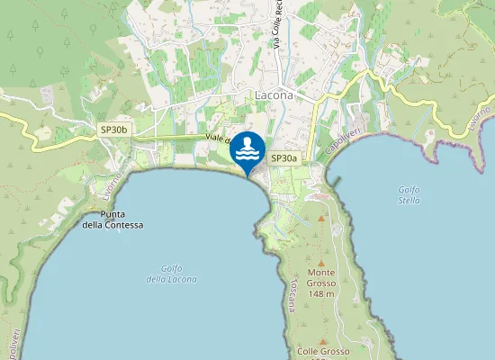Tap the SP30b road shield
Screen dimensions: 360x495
(x=115, y=130)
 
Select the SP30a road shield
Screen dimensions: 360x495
(x=283, y=157)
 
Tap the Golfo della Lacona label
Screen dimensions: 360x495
(x=165, y=274)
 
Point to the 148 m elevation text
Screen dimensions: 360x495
(x=320, y=294)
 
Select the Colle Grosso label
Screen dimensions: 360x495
(x=321, y=351)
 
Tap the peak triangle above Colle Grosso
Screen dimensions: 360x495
(x=321, y=341)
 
